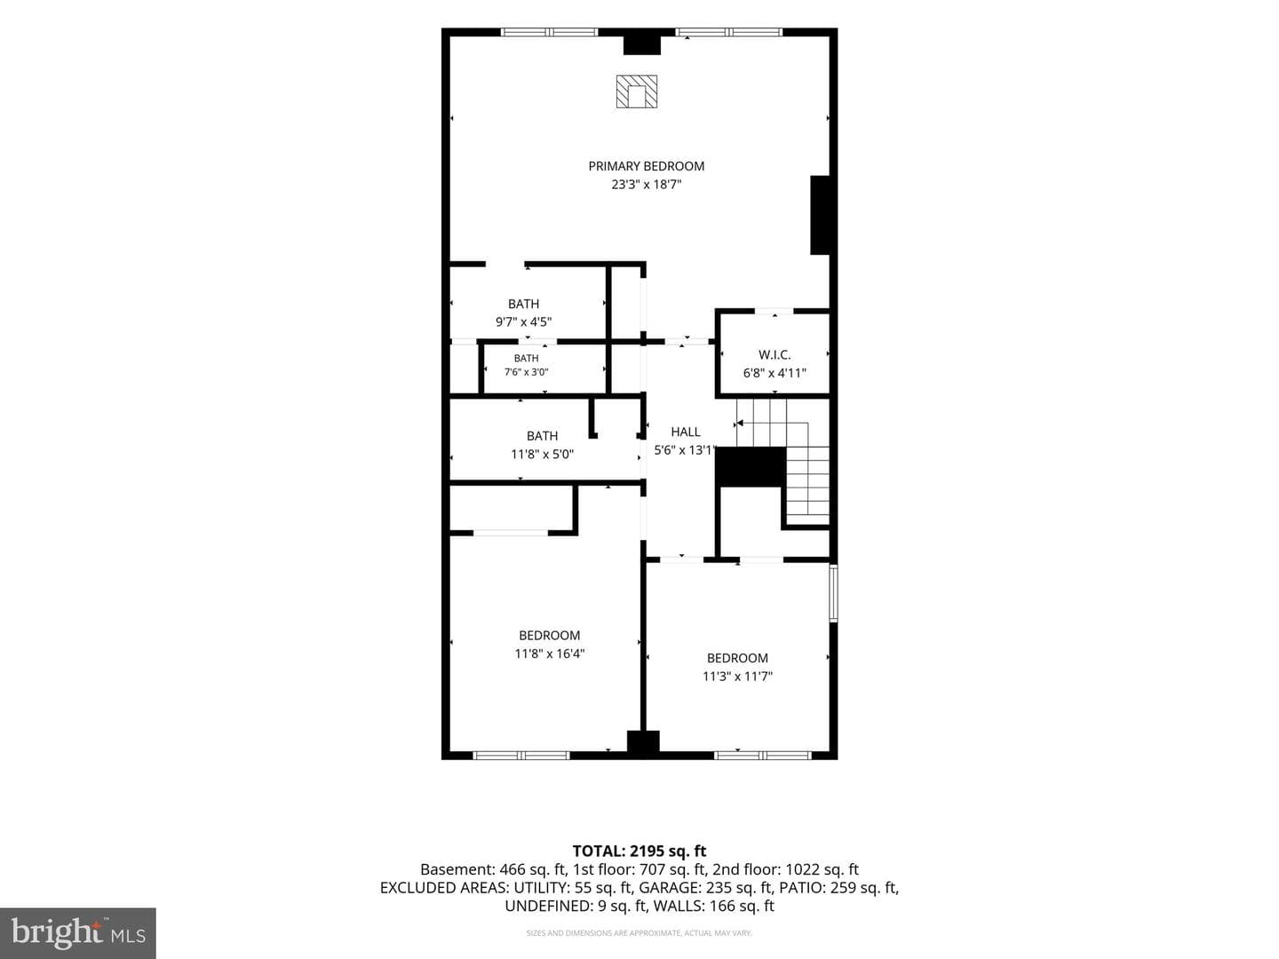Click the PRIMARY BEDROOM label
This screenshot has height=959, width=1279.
click(647, 167)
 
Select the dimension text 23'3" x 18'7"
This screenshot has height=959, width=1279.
click(647, 185)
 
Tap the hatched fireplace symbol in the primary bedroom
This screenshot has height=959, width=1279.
click(637, 91)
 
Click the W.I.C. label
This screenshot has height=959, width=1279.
click(775, 354)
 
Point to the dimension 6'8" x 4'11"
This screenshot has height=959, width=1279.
click(775, 373)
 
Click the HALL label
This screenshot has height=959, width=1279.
click(685, 432)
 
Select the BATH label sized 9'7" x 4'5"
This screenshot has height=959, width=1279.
click(523, 304)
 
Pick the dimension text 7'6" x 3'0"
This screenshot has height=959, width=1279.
click(526, 372)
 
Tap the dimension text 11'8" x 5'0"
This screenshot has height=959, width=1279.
click(542, 454)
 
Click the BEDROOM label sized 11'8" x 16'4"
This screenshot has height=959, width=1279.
click(550, 635)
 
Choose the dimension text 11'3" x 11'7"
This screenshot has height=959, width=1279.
click(737, 676)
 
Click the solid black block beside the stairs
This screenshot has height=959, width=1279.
click(751, 467)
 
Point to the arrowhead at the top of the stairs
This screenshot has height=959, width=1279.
click(740, 424)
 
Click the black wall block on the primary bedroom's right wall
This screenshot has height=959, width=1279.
click(820, 215)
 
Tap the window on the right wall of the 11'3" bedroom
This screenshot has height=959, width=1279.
click(833, 593)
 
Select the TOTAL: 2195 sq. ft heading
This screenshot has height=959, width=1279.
click(639, 851)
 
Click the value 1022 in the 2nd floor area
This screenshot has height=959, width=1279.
click(801, 869)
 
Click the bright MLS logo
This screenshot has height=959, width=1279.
click(78, 932)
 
